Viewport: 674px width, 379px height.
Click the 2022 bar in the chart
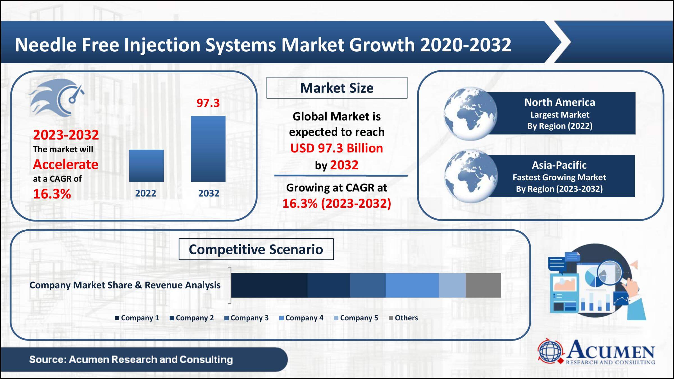pyautogui.click(x=146, y=166)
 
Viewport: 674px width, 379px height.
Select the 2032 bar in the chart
pyautogui.click(x=208, y=149)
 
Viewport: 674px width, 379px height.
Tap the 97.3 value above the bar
pyautogui.click(x=208, y=103)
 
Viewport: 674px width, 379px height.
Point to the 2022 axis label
pyautogui.click(x=145, y=193)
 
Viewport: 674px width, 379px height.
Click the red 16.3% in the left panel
pyautogui.click(x=52, y=194)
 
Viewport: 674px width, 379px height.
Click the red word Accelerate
pyautogui.click(x=65, y=164)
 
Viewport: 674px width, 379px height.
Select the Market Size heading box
pyautogui.click(x=337, y=88)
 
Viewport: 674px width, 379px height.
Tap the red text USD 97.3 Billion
pyautogui.click(x=336, y=148)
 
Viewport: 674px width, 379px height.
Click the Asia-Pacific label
pyautogui.click(x=559, y=165)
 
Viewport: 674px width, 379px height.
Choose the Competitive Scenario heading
pyautogui.click(x=256, y=249)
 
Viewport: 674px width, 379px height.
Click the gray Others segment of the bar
pyautogui.click(x=483, y=285)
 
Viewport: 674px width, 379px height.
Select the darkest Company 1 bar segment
pyautogui.click(x=269, y=285)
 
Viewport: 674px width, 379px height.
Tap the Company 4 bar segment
pyautogui.click(x=412, y=285)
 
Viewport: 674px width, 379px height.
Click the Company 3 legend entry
pyautogui.click(x=247, y=318)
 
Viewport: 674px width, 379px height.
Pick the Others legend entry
pyautogui.click(x=403, y=318)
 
